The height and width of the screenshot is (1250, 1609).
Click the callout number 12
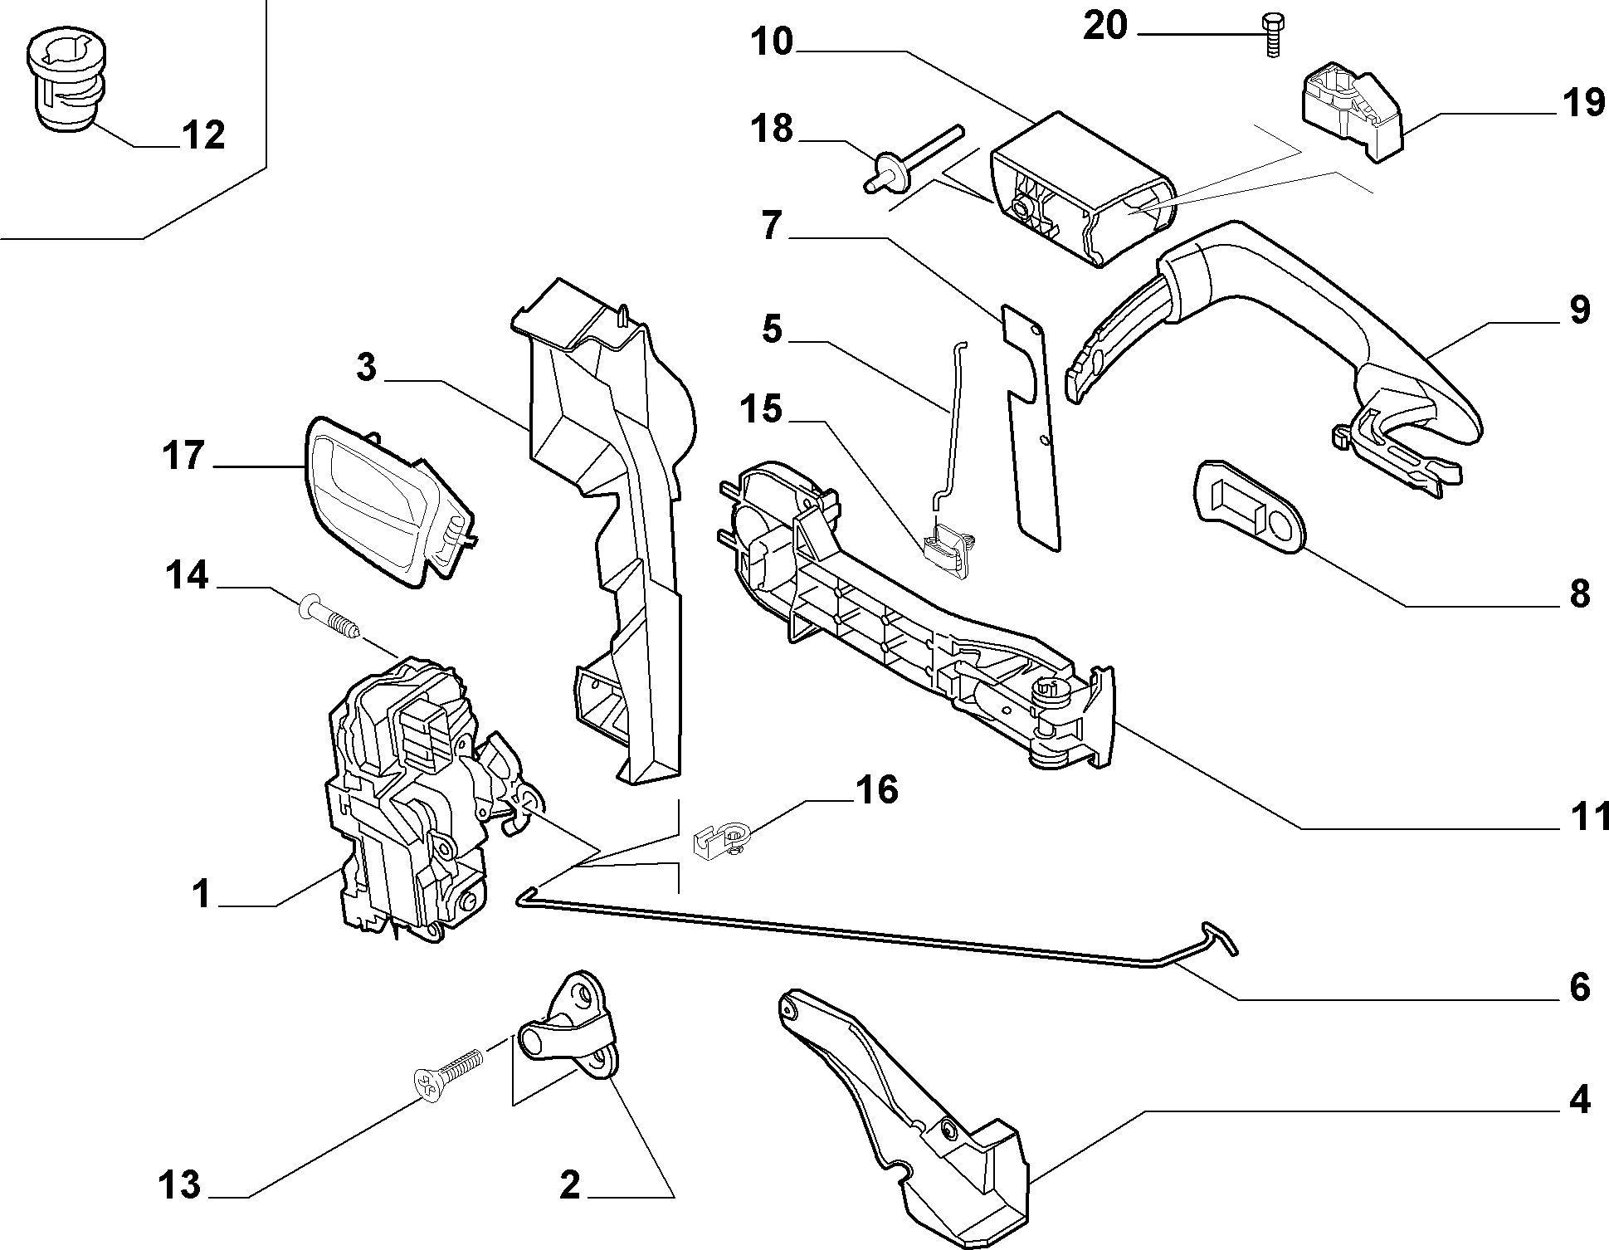point(202,135)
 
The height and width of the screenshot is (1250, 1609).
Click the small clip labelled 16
point(720,841)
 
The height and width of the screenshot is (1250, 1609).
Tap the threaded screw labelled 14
point(329,615)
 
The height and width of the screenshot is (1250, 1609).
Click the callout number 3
point(366,366)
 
